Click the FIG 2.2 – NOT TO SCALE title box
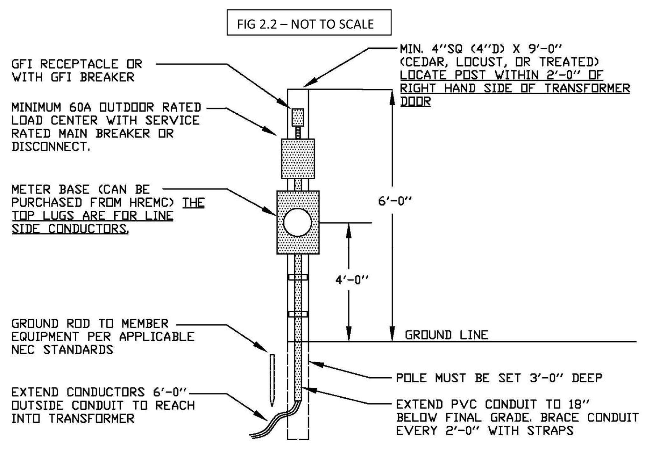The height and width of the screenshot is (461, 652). [x=308, y=23]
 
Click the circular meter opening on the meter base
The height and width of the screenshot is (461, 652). [x=297, y=223]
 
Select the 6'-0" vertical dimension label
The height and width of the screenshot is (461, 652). [x=395, y=201]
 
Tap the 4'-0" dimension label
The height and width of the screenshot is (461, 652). [x=351, y=280]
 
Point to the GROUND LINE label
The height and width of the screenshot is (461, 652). [x=446, y=335]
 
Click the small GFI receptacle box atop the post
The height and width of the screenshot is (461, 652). [x=298, y=117]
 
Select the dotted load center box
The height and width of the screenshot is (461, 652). [x=298, y=159]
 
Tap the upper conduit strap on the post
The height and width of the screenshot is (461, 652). [x=298, y=277]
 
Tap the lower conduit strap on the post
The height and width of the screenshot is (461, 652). [x=298, y=314]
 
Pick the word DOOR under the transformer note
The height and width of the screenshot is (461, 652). [x=415, y=102]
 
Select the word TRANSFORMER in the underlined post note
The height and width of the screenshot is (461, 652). [x=587, y=88]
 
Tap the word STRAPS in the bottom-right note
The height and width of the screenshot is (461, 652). [x=550, y=431]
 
